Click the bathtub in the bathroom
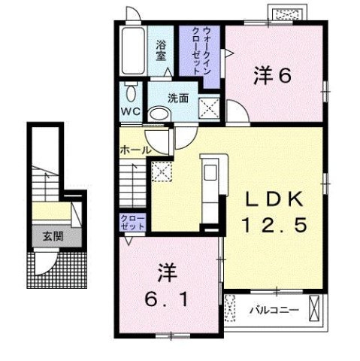click(x=132, y=48)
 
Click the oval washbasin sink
click(x=159, y=114)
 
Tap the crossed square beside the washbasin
click(x=209, y=108)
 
